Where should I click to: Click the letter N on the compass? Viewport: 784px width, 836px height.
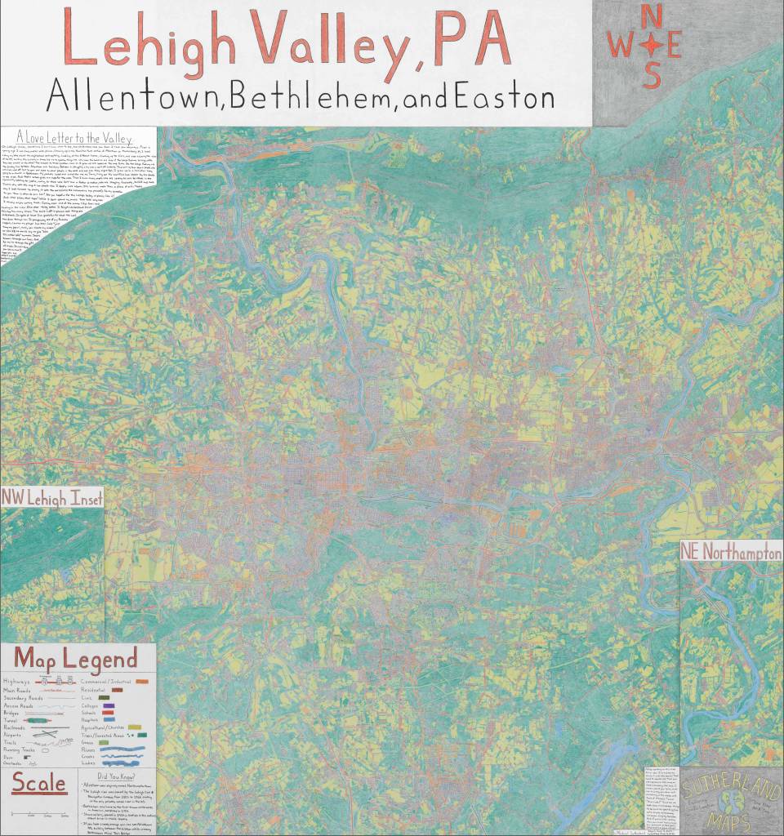pyautogui.click(x=652, y=16)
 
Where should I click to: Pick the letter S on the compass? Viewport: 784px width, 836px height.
pyautogui.click(x=652, y=75)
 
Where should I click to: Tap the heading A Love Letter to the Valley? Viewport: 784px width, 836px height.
pyautogui.click(x=73, y=138)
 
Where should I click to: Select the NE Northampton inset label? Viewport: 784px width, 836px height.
pyautogui.click(x=731, y=554)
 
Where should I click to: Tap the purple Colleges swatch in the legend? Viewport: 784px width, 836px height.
pyautogui.click(x=109, y=706)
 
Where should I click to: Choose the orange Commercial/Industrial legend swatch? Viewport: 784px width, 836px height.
pyautogui.click(x=141, y=680)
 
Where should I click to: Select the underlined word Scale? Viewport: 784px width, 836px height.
pyautogui.click(x=39, y=784)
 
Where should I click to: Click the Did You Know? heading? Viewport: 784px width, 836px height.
pyautogui.click(x=114, y=776)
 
